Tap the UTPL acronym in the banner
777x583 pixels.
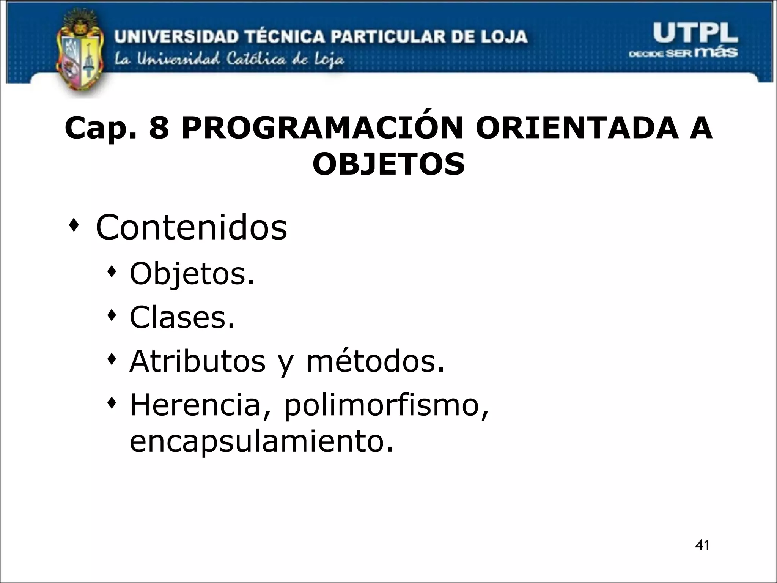point(695,33)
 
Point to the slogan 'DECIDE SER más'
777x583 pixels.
point(683,53)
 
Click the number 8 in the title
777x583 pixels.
point(159,128)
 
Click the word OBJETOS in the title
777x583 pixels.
point(388,164)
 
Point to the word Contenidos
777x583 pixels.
point(192,227)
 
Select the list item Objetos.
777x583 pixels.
point(192,274)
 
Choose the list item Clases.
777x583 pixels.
point(182,317)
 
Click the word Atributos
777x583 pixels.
point(198,361)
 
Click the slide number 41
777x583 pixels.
point(703,545)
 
